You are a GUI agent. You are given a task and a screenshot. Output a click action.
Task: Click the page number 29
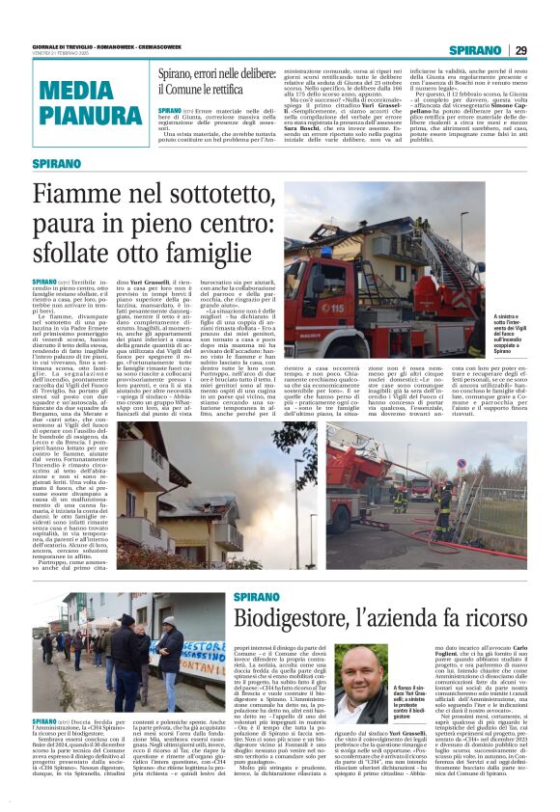[x=520, y=50]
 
